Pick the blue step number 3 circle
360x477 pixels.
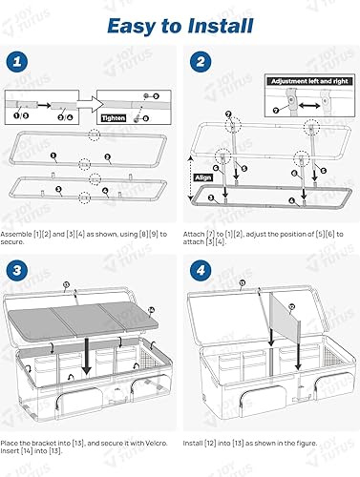pos(17,269)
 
